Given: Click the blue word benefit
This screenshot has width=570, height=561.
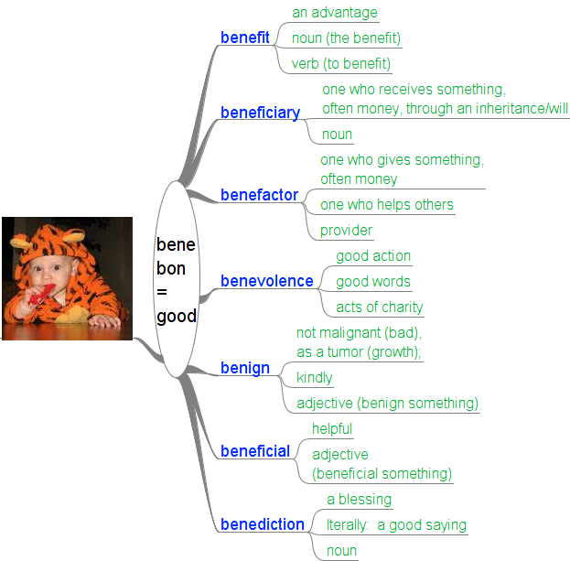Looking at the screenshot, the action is click(x=245, y=38).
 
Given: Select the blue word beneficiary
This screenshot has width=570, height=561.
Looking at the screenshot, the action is click(x=260, y=113).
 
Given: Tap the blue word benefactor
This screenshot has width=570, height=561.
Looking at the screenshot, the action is click(x=259, y=195).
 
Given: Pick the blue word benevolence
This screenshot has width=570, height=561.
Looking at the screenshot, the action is click(x=266, y=281).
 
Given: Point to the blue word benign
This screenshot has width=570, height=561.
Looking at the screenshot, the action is click(x=244, y=368).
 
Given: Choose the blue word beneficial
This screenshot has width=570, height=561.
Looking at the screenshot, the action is click(x=255, y=451).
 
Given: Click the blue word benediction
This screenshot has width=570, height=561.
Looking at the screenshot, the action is click(x=262, y=524).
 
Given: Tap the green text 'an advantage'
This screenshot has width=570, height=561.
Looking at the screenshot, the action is click(x=334, y=13).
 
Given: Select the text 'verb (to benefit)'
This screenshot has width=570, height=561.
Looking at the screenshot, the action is click(x=341, y=64).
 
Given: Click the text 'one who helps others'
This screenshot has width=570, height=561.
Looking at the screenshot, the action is click(x=387, y=205).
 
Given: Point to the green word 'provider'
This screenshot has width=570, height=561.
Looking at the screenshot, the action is click(x=346, y=231).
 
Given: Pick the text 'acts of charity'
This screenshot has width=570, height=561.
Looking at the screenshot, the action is click(x=380, y=307).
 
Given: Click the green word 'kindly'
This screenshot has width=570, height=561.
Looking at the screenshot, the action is click(x=314, y=378).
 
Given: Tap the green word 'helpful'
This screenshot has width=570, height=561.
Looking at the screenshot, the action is click(x=332, y=429).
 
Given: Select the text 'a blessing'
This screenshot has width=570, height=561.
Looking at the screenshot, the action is click(x=359, y=500).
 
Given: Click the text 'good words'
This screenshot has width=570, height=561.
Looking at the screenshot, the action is click(x=373, y=282).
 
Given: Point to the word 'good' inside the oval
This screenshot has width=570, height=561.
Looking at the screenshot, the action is click(x=177, y=317).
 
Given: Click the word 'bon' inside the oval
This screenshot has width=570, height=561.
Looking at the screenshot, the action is click(x=171, y=269).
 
